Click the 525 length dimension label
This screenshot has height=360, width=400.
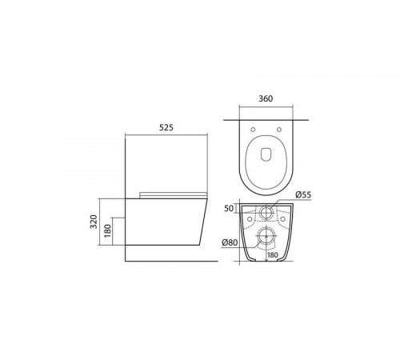tap(166, 127)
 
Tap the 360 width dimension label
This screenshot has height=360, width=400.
tap(266, 98)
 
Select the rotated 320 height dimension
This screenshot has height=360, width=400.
tap(94, 222)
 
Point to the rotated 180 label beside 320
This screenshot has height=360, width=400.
tap(107, 231)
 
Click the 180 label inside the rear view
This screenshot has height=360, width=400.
tap(272, 255)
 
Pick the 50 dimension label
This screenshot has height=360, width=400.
tap(229, 209)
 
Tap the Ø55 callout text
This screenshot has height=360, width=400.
tap(303, 194)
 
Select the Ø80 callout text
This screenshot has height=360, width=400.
tap(230, 242)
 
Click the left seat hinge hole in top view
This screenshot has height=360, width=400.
tap(253, 130)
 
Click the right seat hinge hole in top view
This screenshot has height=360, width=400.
tap(279, 130)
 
